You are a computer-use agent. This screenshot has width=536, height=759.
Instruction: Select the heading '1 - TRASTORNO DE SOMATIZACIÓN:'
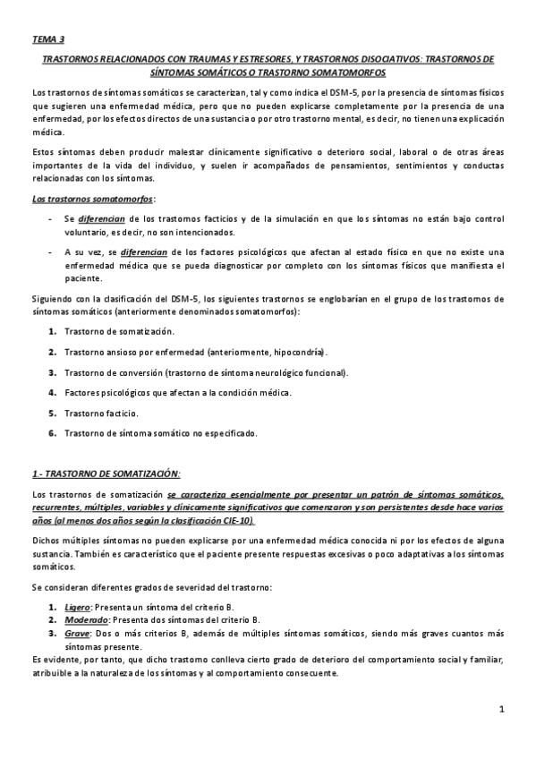point(106,472)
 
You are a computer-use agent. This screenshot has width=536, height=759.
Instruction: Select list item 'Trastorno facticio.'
point(101,414)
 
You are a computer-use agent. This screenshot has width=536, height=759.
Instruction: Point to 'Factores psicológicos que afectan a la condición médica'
point(177,393)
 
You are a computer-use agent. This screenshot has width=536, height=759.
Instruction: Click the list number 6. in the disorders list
point(53,434)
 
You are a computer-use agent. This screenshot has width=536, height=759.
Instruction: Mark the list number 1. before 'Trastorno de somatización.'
point(53,331)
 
